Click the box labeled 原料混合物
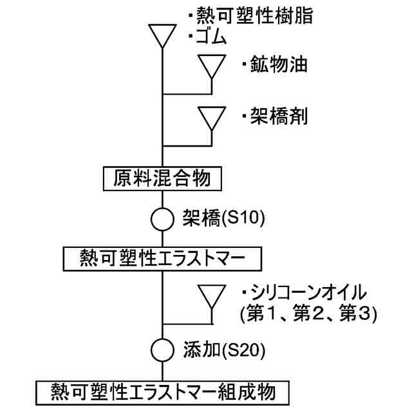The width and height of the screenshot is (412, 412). [162, 178]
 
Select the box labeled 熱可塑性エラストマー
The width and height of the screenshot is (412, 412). [162, 259]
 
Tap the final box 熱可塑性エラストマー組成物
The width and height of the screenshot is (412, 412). [162, 391]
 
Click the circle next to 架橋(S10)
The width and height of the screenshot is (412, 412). [162, 218]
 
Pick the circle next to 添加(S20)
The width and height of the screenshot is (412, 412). [162, 351]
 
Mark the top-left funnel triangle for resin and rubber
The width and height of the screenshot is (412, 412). [162, 36]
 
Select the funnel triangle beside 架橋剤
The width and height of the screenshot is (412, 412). [212, 117]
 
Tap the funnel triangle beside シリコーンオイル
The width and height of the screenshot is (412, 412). [212, 297]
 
